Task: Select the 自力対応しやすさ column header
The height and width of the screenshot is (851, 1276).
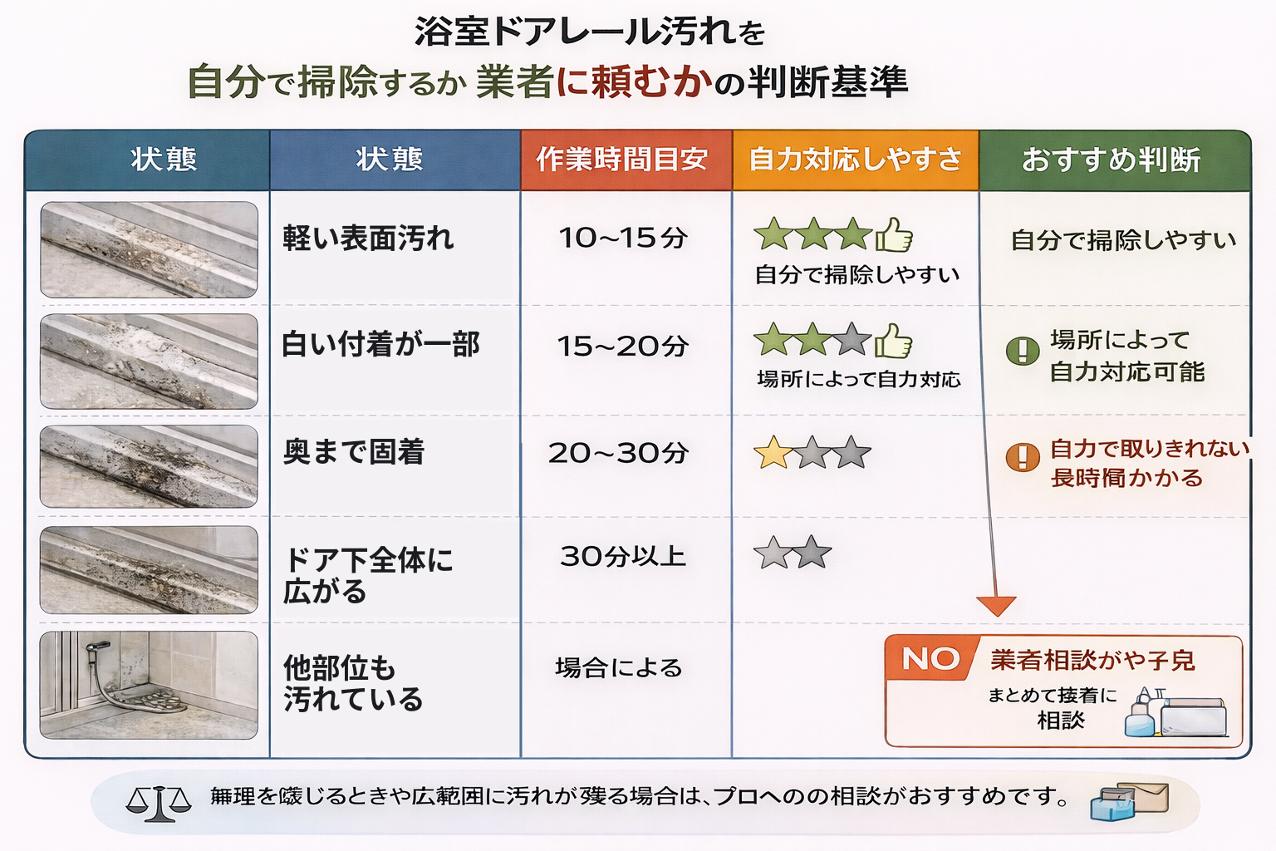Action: pos(855,159)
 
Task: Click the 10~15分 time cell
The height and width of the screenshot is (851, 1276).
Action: pos(623,239)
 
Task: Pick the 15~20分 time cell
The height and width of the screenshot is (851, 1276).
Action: pos(623,346)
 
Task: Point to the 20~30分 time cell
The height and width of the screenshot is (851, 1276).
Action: pos(619,453)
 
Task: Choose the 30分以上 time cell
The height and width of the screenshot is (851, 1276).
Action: pos(623,556)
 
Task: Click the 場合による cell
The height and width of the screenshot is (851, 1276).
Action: pos(619,667)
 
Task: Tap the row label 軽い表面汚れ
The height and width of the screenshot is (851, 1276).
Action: pos(368,239)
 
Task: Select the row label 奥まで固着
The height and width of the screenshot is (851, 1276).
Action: pos(354,452)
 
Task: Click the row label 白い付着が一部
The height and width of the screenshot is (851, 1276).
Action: pos(380,344)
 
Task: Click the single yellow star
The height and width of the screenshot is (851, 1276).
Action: pos(773,453)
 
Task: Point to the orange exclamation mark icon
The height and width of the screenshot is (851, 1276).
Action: pos(1023,456)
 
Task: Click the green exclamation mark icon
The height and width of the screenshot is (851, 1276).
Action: pos(1023,351)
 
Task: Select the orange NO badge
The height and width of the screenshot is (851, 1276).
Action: pos(930,659)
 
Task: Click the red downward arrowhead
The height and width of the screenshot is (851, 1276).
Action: pos(996,606)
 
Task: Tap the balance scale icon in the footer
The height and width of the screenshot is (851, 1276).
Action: pos(158,803)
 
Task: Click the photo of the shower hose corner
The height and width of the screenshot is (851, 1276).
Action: pos(149,685)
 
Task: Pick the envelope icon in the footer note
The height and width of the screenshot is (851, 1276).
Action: pos(1145,798)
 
